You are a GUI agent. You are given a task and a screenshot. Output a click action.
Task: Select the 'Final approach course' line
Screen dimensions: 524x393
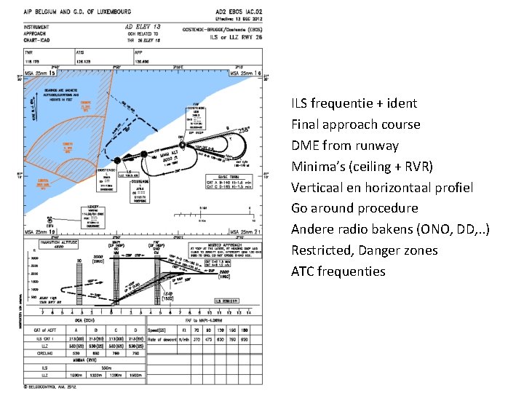pos(355,124)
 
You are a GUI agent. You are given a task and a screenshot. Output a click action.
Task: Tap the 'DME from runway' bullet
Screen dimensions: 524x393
pos(344,146)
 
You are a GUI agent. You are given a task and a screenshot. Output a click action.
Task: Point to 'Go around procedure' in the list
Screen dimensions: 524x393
pos(354,208)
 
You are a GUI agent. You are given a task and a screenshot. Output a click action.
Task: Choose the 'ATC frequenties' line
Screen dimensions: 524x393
pos(338,271)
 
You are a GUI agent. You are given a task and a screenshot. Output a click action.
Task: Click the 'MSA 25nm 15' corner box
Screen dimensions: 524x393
pos(41,74)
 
